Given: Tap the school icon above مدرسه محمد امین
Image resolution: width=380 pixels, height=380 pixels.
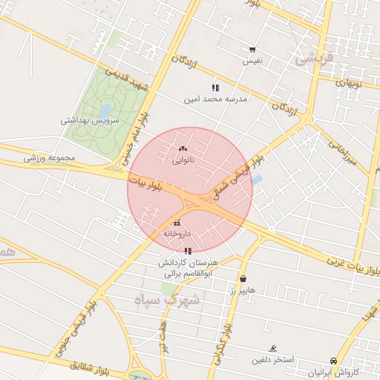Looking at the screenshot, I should [215, 88].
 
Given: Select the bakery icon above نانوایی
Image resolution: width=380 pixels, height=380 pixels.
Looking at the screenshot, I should [183, 148].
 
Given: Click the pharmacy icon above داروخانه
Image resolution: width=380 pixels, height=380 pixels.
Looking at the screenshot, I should [177, 223].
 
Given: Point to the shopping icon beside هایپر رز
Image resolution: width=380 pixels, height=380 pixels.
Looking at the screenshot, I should [243, 279].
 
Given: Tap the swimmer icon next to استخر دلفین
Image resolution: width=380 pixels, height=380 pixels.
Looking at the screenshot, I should [273, 348].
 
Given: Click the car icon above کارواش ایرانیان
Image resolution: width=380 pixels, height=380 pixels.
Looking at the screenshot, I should [333, 361].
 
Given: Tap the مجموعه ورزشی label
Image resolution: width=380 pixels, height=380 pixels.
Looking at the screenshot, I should [45, 157].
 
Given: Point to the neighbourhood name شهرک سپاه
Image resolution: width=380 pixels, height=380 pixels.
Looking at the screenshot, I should [168, 299].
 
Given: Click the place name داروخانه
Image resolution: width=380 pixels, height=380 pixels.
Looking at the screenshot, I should [177, 233].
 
